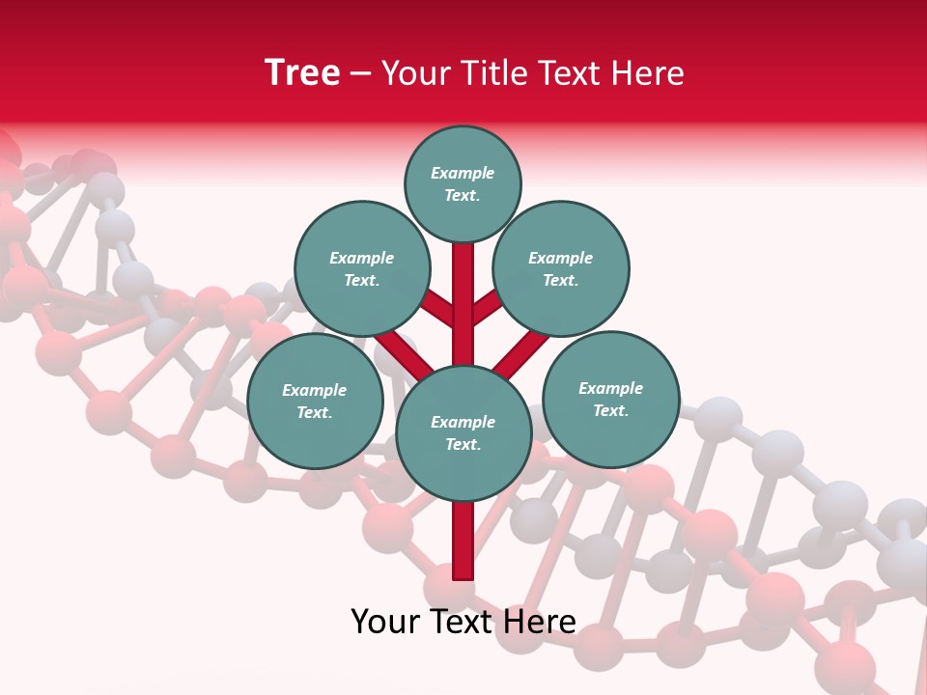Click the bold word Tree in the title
click(302, 73)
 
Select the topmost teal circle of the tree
click(463, 183)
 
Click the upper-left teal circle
click(361, 268)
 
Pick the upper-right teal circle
click(561, 268)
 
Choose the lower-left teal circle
click(315, 401)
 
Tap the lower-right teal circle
click(611, 399)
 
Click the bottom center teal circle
click(463, 433)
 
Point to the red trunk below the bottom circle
click(463, 541)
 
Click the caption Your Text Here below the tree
click(463, 622)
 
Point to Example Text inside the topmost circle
click(463, 183)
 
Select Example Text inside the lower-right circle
click(611, 399)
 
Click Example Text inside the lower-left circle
click(315, 401)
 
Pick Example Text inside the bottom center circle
click(463, 433)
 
